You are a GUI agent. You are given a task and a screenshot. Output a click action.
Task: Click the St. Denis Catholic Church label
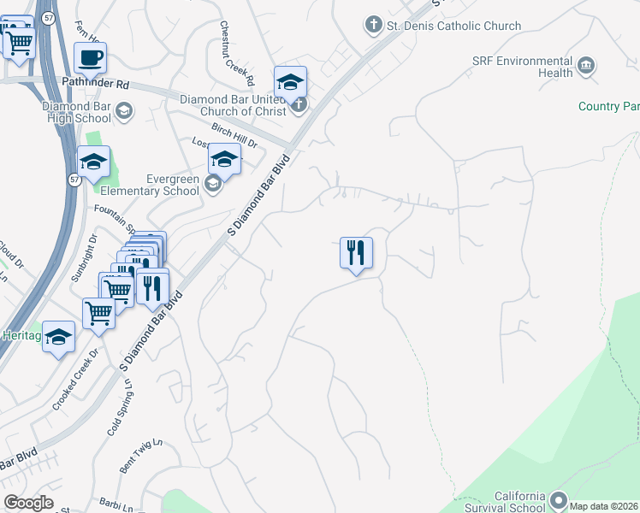453,26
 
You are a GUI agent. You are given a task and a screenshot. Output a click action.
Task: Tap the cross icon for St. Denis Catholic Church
373,25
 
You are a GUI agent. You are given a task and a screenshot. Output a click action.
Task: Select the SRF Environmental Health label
522,67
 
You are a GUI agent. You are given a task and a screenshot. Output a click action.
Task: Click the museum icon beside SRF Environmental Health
586,66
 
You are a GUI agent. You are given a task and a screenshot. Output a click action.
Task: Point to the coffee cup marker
90,58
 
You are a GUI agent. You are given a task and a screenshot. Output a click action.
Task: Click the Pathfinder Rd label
96,85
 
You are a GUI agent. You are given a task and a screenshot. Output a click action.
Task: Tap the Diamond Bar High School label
75,113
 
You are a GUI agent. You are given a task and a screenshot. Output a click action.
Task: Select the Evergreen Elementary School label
150,184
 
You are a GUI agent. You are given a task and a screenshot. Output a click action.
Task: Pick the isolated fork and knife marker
356,252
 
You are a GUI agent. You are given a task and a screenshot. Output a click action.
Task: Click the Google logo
28,503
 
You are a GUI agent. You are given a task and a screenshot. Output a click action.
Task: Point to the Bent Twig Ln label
140,453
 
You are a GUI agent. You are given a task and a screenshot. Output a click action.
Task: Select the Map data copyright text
604,506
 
